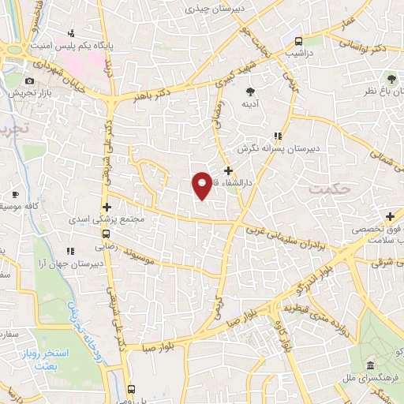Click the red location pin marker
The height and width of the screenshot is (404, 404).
click(202, 185)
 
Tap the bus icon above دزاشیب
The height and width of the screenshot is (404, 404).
click(298, 41)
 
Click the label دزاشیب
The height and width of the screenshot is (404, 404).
click(298, 54)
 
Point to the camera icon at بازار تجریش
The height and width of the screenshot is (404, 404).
click(30, 81)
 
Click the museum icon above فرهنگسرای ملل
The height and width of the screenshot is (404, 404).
click(370, 365)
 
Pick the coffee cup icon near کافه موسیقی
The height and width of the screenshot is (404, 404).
click(14, 194)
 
